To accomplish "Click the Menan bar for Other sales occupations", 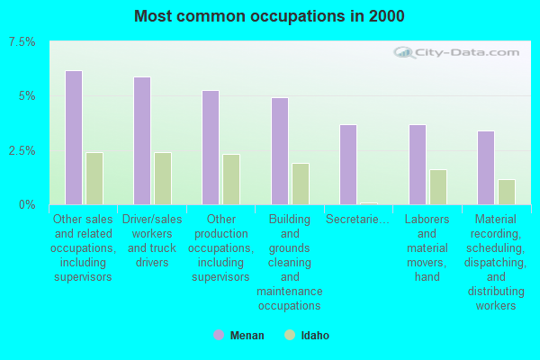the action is [74, 138].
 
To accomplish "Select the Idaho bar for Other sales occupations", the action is [94, 178].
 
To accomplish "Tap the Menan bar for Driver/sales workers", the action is [142, 140].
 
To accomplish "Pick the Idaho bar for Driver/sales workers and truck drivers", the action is [163, 178].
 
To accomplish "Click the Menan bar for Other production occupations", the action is [211, 148].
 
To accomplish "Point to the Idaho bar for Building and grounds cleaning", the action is [301, 184].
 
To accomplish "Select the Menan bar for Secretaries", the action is [348, 165].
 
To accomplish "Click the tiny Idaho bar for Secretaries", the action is [369, 203].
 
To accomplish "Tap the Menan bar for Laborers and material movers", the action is [418, 165].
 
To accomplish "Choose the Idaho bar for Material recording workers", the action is [507, 192].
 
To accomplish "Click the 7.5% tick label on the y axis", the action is [22, 42].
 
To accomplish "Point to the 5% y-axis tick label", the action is [27, 96].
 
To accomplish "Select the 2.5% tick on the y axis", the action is [22, 150].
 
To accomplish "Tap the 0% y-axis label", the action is [27, 205].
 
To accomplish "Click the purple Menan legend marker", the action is [219, 335].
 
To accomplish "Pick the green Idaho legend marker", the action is [290, 335].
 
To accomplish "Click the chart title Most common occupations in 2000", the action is [269, 16].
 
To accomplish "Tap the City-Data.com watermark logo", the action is [456, 52].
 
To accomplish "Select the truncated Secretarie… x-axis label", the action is [357, 219].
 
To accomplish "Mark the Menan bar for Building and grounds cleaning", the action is [280, 151].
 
